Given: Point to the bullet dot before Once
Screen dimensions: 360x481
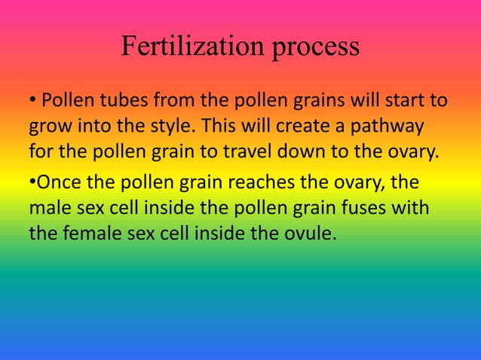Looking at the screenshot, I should click(x=32, y=182).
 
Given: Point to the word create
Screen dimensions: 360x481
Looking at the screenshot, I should click(x=298, y=125).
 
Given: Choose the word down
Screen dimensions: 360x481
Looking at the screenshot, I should click(x=310, y=151).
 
